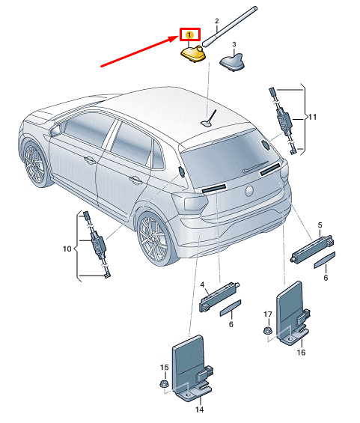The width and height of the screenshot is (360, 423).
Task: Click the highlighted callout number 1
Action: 189,34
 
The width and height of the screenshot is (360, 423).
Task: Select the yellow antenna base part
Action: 193,54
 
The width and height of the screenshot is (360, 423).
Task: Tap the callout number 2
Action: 217,21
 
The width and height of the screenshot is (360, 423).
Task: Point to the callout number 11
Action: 312,117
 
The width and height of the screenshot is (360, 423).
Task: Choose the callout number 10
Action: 67,249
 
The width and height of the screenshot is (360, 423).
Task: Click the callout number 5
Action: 320,225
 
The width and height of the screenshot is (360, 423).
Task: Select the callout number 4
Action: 202,284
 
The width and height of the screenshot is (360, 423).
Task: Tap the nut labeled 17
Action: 268,330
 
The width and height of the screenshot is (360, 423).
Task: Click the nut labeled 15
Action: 163,383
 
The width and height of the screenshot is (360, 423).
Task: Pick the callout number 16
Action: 301,352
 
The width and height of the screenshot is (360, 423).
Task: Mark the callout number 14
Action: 199,410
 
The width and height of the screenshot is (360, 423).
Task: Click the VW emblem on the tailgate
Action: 249,191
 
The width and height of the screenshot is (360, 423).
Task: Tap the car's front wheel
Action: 34,163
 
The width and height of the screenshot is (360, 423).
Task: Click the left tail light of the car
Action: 192,203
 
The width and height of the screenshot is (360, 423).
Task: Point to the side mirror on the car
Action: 55,130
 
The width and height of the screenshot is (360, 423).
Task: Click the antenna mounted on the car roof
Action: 209,120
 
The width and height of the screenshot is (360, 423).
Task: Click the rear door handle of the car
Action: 135,180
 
